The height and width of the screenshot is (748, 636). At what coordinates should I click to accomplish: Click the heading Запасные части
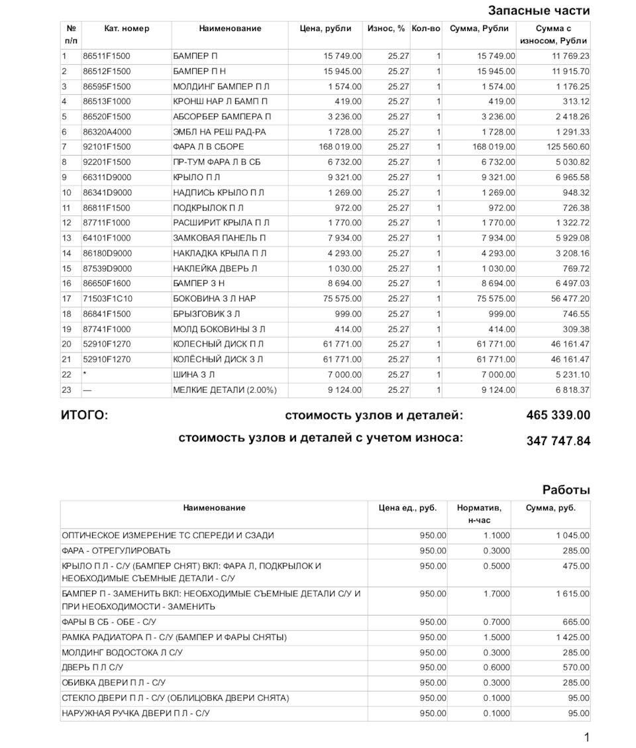click(x=539, y=11)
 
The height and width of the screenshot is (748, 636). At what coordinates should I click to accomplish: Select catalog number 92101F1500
click(x=107, y=147)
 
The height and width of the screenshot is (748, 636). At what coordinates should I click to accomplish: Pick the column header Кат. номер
click(x=127, y=28)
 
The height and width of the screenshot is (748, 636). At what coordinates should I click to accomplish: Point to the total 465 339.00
click(x=558, y=415)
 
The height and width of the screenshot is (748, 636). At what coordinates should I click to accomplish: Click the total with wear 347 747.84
click(x=558, y=441)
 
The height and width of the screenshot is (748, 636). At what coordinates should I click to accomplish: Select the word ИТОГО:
click(x=84, y=415)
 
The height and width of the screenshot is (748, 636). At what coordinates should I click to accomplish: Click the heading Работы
click(x=566, y=490)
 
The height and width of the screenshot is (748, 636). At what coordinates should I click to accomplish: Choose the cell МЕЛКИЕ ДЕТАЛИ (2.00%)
click(x=225, y=390)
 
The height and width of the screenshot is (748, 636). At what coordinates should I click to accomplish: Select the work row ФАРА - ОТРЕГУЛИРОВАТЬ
click(x=116, y=551)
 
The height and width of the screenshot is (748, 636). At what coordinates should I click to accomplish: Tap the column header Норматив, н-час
click(x=478, y=514)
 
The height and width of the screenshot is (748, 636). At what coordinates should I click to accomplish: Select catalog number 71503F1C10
click(x=107, y=299)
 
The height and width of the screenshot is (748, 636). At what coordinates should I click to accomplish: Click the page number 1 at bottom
click(x=586, y=737)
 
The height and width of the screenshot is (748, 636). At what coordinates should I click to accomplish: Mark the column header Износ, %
click(x=386, y=28)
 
